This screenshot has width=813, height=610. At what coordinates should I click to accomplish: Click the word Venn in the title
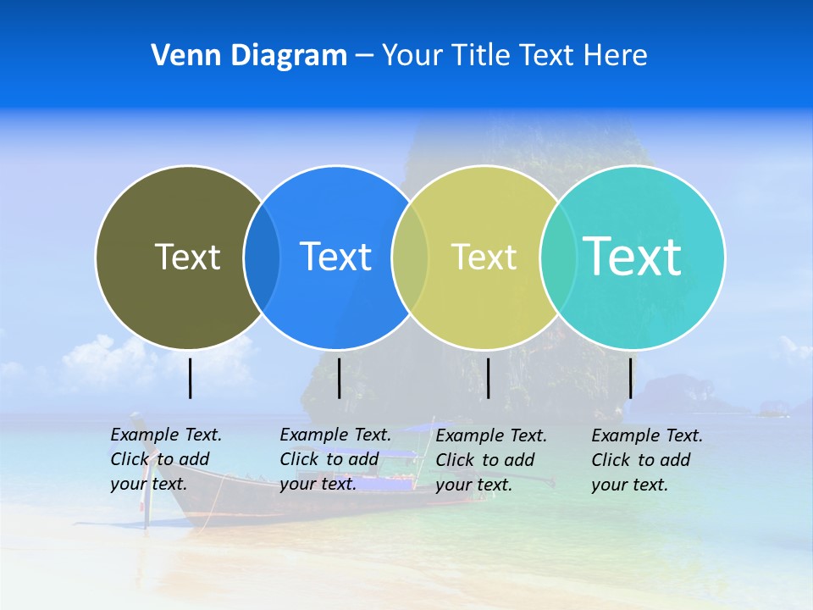coord(178,56)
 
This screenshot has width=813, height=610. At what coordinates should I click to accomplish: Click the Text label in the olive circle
coord(187,257)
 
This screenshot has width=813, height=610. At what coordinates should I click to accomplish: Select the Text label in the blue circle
coord(335,257)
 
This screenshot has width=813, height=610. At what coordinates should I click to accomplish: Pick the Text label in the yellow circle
coord(484,257)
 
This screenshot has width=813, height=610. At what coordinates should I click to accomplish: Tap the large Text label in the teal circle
coord(633,256)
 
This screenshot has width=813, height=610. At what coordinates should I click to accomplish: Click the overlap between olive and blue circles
coord(262,257)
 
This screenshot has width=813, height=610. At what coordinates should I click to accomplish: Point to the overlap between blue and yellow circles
coord(410,257)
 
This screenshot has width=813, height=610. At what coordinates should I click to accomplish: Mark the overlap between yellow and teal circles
coord(558,257)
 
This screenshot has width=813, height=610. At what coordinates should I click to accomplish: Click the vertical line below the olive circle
coord(191,378)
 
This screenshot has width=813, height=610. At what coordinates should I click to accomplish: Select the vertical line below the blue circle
coord(339,378)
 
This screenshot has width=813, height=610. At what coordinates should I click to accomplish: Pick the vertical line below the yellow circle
coord(488,378)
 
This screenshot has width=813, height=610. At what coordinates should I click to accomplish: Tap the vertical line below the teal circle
coord(630,378)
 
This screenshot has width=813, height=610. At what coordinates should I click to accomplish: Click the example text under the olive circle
coord(165,459)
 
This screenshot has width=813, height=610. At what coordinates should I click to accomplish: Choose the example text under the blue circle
coord(335,459)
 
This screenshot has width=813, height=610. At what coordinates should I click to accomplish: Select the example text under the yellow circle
coord(490,460)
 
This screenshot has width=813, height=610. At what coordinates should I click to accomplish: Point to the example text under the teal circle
coord(646,460)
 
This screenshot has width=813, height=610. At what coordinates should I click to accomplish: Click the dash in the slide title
coord(364,57)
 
